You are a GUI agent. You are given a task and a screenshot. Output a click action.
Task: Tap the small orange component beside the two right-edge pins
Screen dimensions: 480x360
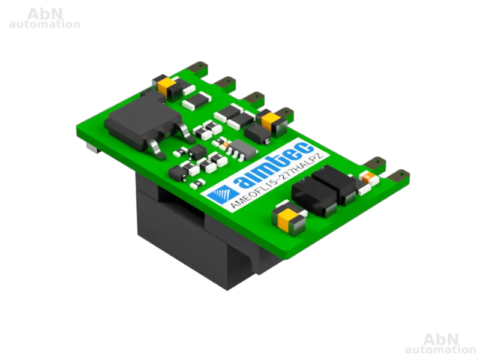tap(367, 176)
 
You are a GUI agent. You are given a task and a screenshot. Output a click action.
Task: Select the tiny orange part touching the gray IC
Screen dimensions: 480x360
tap(226, 145)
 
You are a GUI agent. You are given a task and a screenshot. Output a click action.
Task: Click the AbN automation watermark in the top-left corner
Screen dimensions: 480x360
tap(44, 19)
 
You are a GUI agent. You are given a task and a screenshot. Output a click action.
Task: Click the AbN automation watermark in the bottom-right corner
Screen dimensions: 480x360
tap(440, 344)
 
